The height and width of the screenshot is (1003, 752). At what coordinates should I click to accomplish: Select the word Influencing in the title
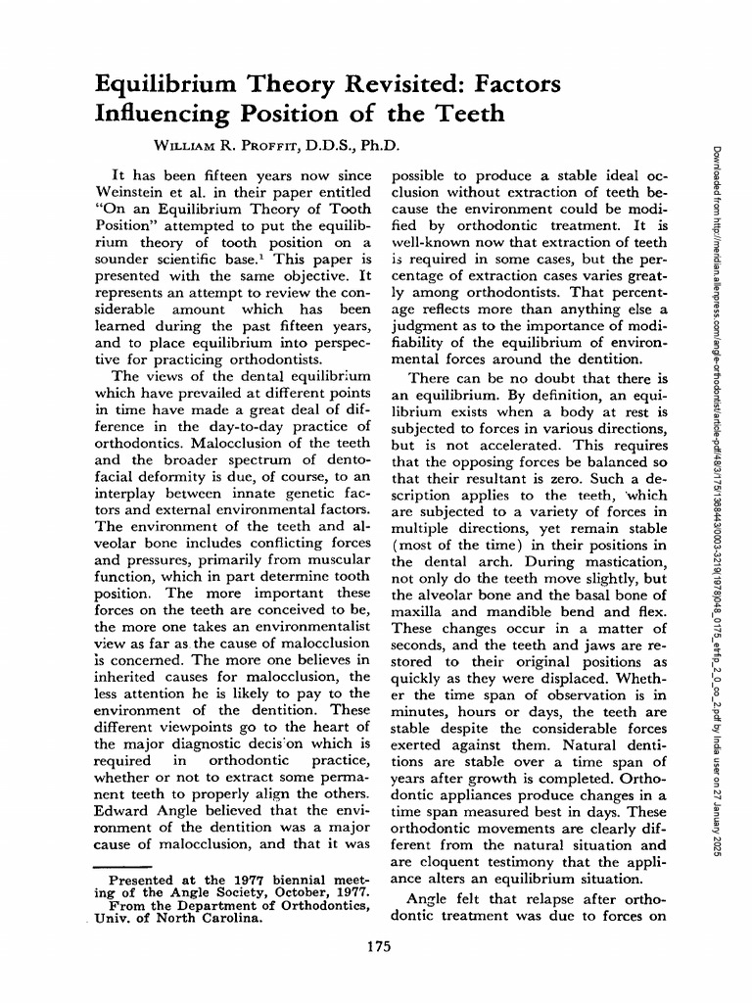156,115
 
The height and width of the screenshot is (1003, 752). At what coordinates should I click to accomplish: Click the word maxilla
419,613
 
